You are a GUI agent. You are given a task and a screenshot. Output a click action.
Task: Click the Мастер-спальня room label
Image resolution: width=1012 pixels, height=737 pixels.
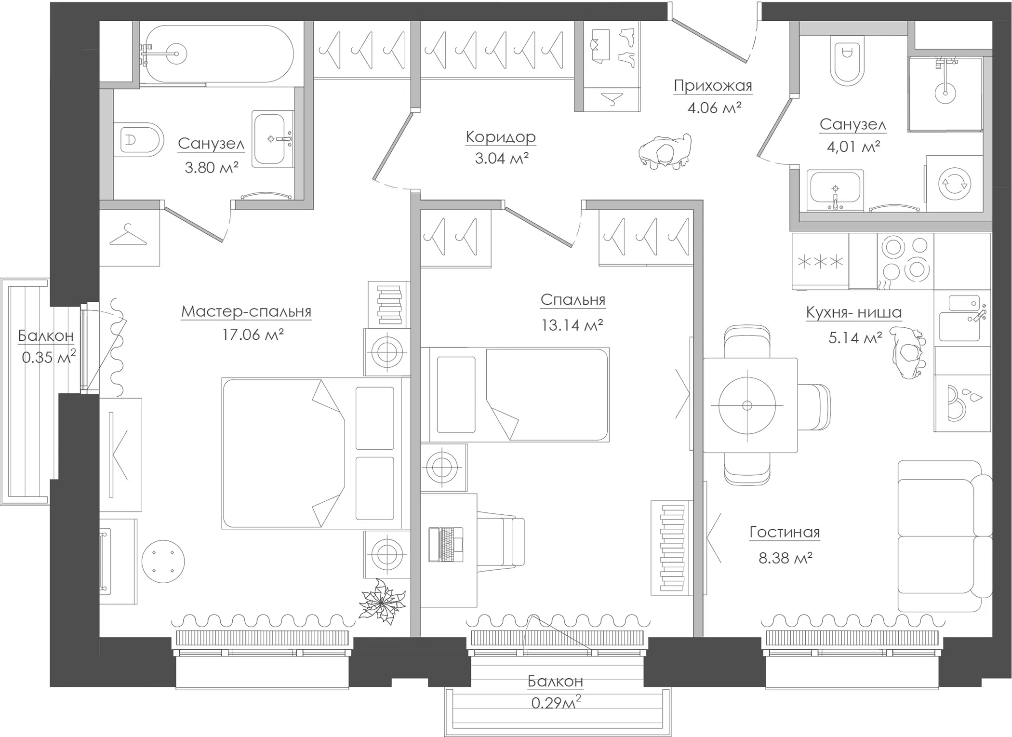246,311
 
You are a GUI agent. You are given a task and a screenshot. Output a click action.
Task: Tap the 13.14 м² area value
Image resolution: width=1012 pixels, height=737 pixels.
572,325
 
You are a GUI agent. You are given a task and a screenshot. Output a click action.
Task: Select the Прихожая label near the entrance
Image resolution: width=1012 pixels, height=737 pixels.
712,86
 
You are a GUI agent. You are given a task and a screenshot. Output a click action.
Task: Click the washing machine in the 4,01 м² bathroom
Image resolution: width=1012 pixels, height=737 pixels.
954,184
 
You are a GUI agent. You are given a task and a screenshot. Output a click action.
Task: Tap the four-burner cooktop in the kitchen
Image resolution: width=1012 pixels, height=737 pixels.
905,261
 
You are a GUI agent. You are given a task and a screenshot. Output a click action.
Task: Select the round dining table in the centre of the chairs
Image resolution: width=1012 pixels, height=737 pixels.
747,405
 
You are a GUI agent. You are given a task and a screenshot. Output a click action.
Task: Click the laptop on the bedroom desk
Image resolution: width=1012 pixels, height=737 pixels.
446,545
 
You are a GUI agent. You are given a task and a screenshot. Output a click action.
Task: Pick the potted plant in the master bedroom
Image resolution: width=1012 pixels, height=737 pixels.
382,603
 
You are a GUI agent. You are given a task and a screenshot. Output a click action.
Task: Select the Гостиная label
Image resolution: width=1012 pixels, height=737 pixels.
785,532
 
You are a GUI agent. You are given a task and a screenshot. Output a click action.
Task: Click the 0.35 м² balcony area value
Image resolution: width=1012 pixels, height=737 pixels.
48,358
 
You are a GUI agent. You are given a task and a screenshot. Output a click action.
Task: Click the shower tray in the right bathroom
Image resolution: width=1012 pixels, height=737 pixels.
945,94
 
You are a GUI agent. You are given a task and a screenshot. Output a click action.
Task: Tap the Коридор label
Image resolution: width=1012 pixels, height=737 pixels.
501,137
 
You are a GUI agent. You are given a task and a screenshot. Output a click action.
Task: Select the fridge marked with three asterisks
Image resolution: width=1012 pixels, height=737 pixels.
820,261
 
